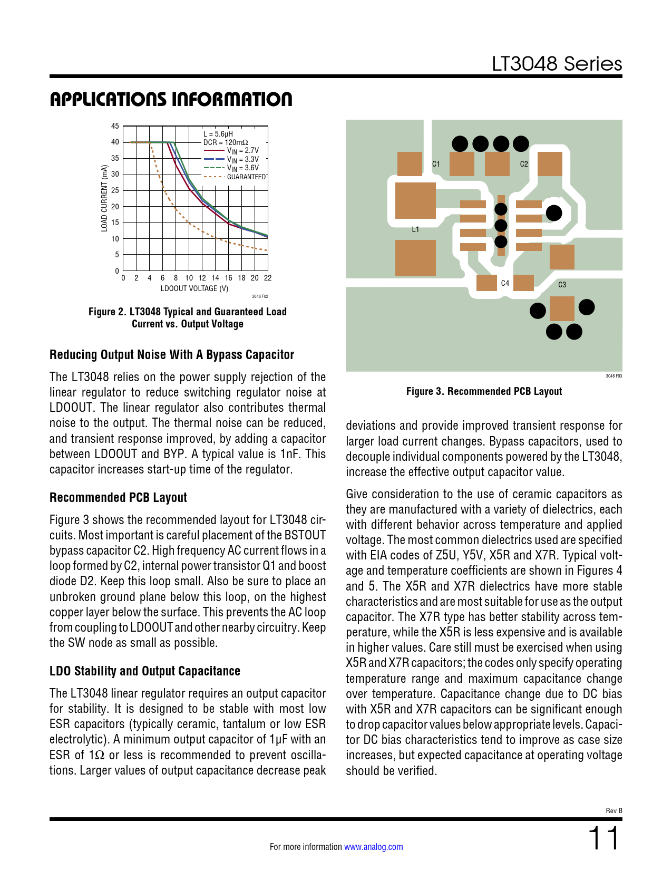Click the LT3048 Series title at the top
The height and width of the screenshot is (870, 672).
tap(557, 64)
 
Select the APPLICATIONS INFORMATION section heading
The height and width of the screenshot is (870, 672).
tap(171, 99)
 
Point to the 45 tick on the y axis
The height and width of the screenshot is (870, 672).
tap(115, 126)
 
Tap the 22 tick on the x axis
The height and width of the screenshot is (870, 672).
tap(268, 278)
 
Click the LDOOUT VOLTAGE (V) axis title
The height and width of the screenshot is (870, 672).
tap(194, 288)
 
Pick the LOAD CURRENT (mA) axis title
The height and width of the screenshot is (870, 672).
tap(104, 198)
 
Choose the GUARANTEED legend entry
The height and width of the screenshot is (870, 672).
tap(246, 177)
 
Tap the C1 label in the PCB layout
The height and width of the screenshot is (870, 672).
tap(436, 164)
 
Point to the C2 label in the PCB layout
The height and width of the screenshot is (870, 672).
tap(524, 164)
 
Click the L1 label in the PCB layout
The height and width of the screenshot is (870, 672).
tap(415, 229)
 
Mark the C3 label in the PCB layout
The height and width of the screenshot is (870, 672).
tap(562, 285)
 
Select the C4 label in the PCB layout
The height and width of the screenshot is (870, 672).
tap(505, 283)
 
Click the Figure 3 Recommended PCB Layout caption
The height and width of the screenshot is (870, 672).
tap(484, 391)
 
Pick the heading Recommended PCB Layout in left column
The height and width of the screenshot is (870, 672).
tap(118, 498)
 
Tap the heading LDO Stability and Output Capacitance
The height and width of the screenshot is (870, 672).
tap(145, 671)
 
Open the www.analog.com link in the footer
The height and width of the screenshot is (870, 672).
tap(373, 847)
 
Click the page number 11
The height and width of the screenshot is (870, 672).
tap(604, 838)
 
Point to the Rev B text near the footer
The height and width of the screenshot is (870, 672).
tap(614, 810)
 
